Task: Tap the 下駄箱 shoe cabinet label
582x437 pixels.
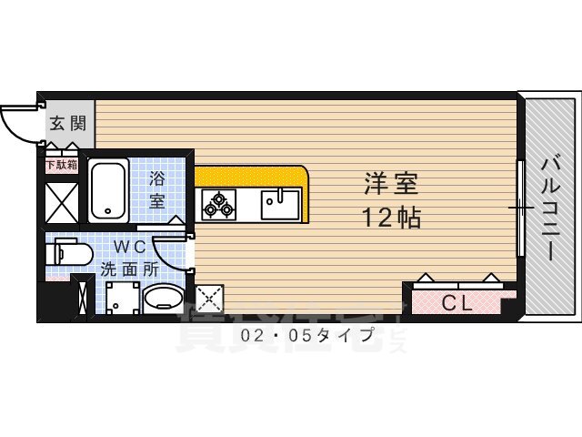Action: (x=61, y=165)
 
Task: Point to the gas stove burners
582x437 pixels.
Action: (x=218, y=203)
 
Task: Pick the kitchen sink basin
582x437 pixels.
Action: (x=281, y=202)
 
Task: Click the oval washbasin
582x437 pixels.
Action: (x=164, y=299)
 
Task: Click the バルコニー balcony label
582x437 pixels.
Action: (x=550, y=208)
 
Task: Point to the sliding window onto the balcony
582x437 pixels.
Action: (x=520, y=208)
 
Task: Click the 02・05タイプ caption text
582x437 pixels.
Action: (x=307, y=336)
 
